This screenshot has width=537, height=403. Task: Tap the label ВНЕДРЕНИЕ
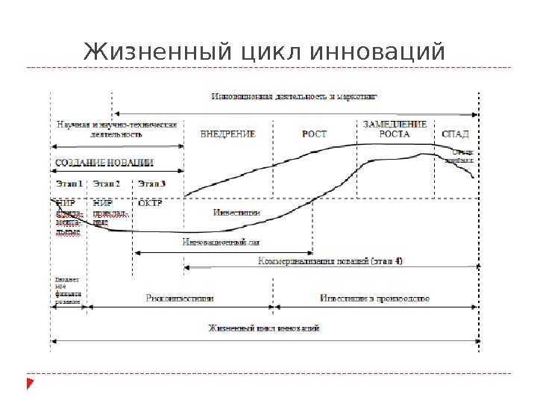228,135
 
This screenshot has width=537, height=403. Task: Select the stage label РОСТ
314,135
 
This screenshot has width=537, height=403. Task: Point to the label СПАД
455,135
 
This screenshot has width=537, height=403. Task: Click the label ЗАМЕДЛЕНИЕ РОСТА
395,130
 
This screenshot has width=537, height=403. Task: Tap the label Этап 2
107,183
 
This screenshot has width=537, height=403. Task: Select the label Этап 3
152,183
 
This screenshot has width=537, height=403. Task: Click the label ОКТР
149,201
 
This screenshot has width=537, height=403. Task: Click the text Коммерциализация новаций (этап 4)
330,262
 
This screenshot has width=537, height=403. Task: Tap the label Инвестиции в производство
375,298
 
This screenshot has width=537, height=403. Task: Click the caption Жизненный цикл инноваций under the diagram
264,328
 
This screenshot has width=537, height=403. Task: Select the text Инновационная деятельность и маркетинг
295,97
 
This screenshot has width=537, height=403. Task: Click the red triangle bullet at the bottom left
30,384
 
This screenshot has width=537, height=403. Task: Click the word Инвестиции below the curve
236,212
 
